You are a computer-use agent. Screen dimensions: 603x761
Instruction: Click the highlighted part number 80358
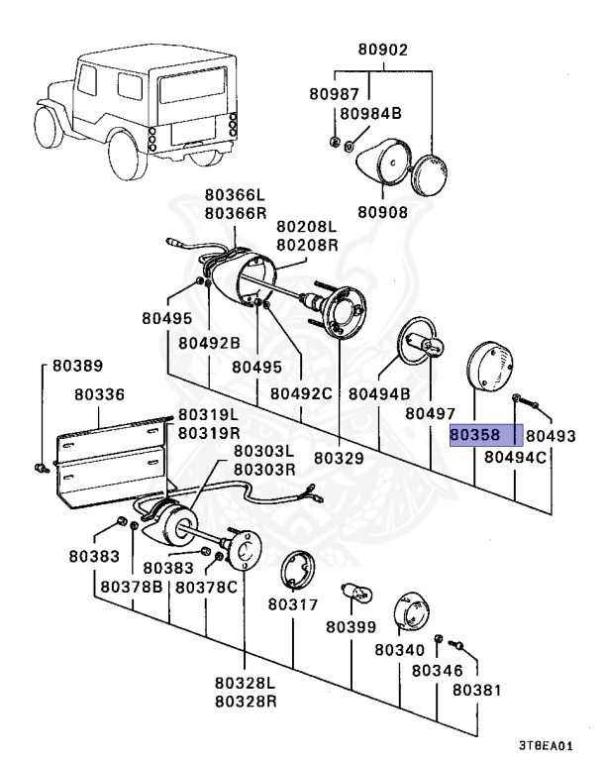pos(474,435)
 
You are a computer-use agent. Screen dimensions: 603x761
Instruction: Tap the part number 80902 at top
pos(383,50)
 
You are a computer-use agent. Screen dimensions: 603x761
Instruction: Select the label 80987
pos(335,94)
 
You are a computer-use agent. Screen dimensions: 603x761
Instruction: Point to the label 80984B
pos(370,114)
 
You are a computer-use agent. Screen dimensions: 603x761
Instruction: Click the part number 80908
pos(383,212)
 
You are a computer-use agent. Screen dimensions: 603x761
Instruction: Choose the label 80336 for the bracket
pos(99,394)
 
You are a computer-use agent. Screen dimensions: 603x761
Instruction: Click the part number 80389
pos(78,366)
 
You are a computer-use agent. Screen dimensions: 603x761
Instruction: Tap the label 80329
pos(339,458)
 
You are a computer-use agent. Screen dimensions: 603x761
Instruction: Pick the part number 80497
pos(431,413)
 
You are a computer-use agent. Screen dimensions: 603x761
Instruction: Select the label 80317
pos(293,604)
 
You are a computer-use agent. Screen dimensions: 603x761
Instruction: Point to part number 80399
pos(352,627)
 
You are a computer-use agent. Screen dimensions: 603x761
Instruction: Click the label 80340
pos(400,649)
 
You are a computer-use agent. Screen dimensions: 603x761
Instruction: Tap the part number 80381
pos(477,690)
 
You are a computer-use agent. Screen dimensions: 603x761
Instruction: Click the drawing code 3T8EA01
pos(546,745)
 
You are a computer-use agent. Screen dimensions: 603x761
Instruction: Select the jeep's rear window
pos(193,85)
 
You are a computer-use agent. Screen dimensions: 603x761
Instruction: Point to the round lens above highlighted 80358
pos(490,367)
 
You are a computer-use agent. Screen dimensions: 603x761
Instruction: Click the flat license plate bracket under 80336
pos(110,464)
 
